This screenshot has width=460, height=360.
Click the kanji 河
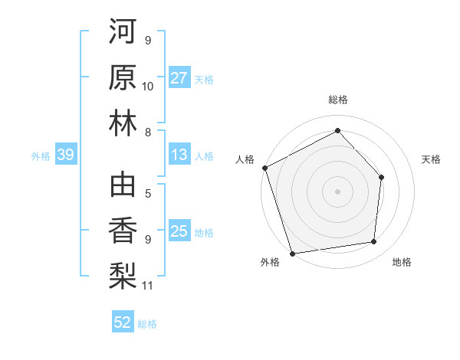click(123, 31)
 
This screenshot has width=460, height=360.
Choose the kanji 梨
click(123, 276)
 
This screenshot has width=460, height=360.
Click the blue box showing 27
click(179, 78)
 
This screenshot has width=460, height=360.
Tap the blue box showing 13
click(179, 155)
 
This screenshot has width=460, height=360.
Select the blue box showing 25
click(179, 232)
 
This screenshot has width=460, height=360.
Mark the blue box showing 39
click(65, 155)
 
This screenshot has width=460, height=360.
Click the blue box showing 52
click(123, 323)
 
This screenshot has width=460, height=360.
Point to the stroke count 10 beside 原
click(148, 86)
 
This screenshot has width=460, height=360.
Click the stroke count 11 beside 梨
click(148, 286)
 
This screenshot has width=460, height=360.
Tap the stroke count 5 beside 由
click(148, 194)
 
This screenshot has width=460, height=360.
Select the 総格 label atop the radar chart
click(337, 100)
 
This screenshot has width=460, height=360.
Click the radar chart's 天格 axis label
click(432, 159)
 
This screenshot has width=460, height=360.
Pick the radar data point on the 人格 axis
click(264, 167)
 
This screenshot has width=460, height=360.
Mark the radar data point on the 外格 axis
click(293, 253)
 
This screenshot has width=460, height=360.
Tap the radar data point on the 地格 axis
click(374, 242)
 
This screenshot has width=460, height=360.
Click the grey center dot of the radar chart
click(337, 191)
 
